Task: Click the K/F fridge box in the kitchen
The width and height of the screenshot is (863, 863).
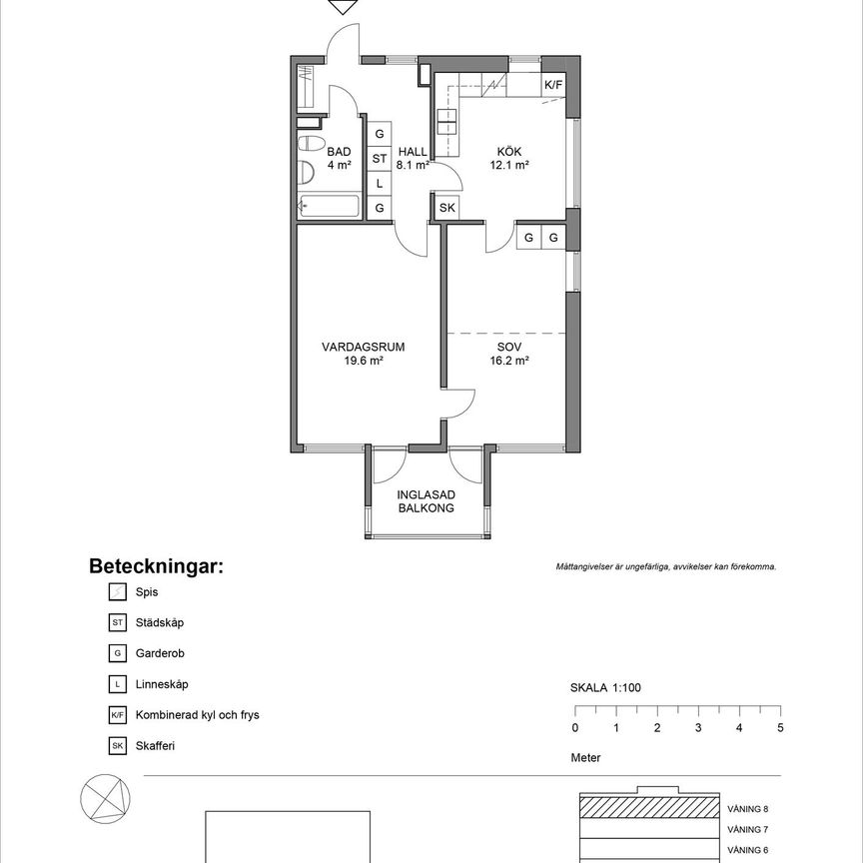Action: click(553, 85)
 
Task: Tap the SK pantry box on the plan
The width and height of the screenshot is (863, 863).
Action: click(446, 208)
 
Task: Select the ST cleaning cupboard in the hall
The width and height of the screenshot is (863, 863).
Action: click(380, 159)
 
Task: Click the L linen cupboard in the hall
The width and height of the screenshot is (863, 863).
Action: click(380, 183)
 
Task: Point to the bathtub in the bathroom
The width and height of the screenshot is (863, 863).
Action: click(329, 207)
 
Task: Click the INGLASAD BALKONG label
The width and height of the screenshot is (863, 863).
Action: click(426, 501)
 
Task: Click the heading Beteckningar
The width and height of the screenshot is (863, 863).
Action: click(157, 565)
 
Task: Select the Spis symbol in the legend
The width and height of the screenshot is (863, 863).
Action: click(118, 592)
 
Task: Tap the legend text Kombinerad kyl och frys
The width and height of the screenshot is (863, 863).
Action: click(197, 715)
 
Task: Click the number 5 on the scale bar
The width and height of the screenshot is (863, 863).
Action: click(780, 727)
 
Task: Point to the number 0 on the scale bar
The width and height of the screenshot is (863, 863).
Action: click(575, 727)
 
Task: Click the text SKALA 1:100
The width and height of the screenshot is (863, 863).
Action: click(605, 687)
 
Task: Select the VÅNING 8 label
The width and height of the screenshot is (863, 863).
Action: click(747, 809)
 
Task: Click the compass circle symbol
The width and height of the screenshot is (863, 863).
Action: click(106, 799)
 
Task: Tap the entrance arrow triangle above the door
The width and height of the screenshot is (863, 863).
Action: click(343, 7)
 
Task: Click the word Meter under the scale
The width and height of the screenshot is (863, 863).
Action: click(585, 757)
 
